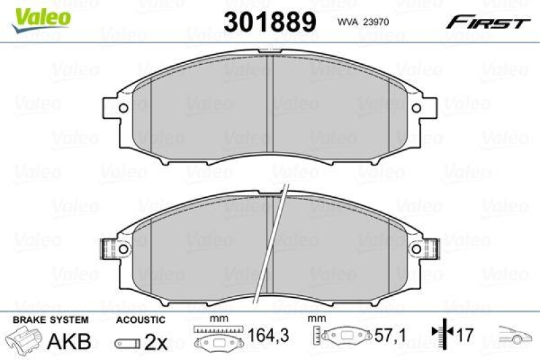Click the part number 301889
pyautogui.click(x=271, y=22)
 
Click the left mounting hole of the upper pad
pyautogui.click(x=123, y=107)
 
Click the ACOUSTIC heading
pyautogui.click(x=140, y=319)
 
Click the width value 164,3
pyautogui.click(x=263, y=335)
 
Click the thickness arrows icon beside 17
pyautogui.click(x=439, y=334)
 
